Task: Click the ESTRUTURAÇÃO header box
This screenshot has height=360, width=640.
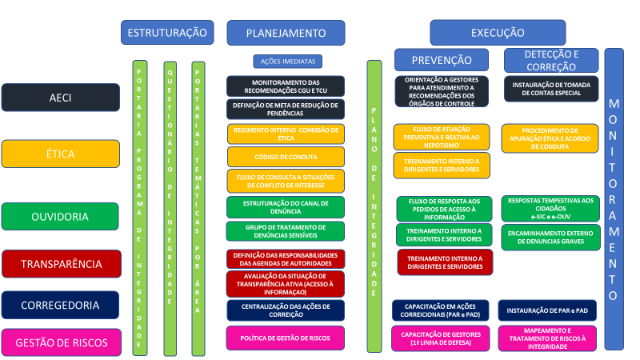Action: pyautogui.click(x=167, y=33)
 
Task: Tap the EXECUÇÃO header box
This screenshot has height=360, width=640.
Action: pyautogui.click(x=498, y=33)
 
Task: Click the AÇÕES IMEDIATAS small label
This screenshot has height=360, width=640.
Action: pyautogui.click(x=287, y=61)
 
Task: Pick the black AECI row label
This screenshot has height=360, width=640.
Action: pyautogui.click(x=61, y=98)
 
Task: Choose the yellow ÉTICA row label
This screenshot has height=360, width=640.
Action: pyautogui.click(x=61, y=153)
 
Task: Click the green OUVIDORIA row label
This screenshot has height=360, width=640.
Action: pyautogui.click(x=61, y=216)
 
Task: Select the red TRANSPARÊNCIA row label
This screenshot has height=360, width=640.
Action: pyautogui.click(x=61, y=263)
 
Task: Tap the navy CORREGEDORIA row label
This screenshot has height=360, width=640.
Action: pyautogui.click(x=61, y=305)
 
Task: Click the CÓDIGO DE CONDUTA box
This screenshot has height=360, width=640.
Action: pyautogui.click(x=286, y=156)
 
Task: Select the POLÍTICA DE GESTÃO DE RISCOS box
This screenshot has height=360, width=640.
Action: pyautogui.click(x=286, y=338)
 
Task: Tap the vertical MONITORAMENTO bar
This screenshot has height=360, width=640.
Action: pyautogui.click(x=614, y=199)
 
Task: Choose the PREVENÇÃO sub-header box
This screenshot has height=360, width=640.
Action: pyautogui.click(x=442, y=60)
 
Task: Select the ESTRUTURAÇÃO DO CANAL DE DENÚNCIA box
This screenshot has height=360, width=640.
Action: pyautogui.click(x=286, y=207)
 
